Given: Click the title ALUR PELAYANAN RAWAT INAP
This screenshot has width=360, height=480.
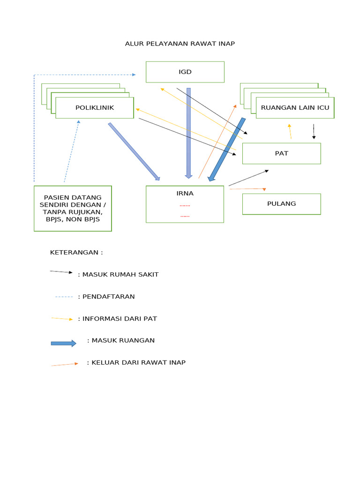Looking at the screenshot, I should coord(180,44).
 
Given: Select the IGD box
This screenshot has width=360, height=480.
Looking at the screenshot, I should coord(185,72).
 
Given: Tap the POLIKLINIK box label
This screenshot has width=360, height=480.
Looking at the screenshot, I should coord(95,108).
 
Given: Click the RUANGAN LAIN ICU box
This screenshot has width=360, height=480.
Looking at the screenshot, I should coord(295,108).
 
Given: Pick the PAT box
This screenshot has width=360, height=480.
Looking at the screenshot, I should coord(281,153).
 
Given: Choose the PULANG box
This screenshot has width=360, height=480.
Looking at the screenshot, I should coord(281,204).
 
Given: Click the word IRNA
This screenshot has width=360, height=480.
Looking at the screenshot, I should coord(185,193).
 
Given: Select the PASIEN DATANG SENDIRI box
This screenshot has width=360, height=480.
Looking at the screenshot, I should coord(73,208).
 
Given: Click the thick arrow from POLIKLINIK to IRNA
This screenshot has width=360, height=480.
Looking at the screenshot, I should coord(134,151).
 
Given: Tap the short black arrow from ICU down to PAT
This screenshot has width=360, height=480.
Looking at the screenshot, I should coord(314,131).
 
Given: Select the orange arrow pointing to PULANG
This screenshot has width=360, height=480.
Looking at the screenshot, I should coord(247,189).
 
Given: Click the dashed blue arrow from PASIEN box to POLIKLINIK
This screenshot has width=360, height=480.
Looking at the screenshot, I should coord(71,151).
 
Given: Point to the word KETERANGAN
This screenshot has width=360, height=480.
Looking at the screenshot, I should coord(76,252).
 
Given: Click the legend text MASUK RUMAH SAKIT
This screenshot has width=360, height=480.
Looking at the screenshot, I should coord(120,275).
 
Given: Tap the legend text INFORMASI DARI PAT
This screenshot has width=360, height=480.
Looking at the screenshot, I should coord(119,319).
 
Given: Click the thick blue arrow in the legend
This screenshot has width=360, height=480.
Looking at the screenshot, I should coord(63,343).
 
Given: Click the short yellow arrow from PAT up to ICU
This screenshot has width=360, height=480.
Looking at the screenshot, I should coord(290,131).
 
